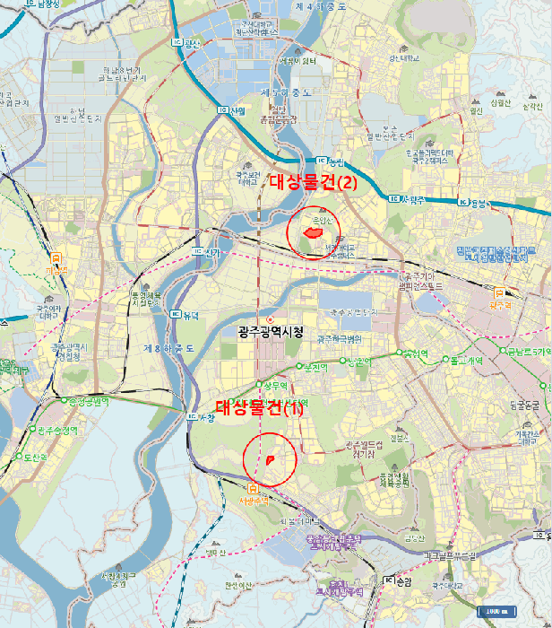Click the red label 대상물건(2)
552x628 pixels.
tap(314, 182)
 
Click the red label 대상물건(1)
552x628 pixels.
tap(260, 410)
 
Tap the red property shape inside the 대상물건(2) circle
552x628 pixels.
tap(313, 232)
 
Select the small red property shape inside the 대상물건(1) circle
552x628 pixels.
tap(270, 459)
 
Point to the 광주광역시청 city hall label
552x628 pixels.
tap(271, 332)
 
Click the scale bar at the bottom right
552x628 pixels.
tap(496, 612)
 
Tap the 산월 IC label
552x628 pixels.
tap(232, 110)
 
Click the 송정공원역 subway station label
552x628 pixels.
tap(83, 402)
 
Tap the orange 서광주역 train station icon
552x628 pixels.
tap(253, 488)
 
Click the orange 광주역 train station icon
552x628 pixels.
tap(499, 292)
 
